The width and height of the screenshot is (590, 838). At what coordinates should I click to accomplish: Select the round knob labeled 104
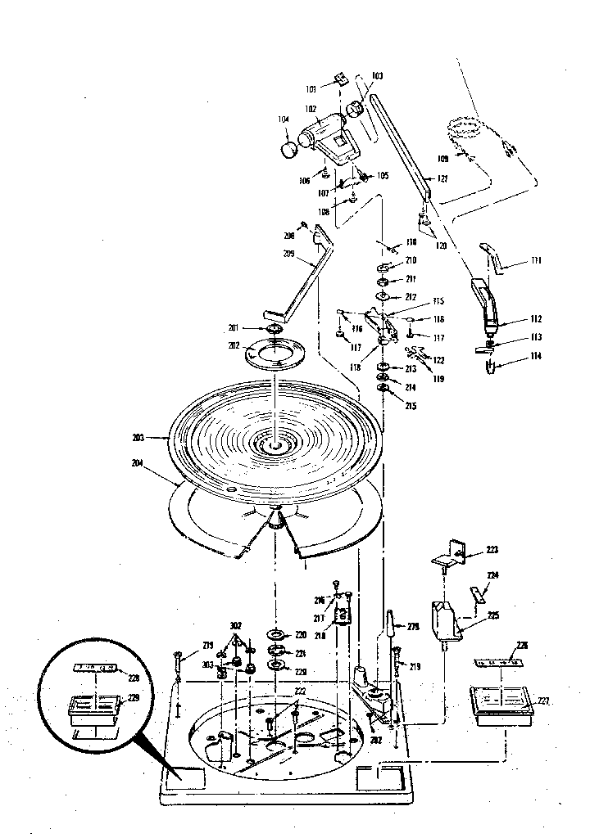pos(289,150)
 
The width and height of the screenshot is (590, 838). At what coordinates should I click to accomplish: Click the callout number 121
pos(442,178)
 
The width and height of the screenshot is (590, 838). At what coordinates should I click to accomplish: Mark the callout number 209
pos(288,254)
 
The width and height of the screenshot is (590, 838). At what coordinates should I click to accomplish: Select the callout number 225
pos(492,615)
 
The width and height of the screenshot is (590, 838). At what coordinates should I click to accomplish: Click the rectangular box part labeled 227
pos(499,703)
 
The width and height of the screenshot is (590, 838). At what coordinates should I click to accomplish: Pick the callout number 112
pos(513,319)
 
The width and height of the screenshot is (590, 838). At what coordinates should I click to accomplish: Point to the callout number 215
pos(411,406)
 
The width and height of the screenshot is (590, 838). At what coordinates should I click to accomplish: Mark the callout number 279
pos(413,628)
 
